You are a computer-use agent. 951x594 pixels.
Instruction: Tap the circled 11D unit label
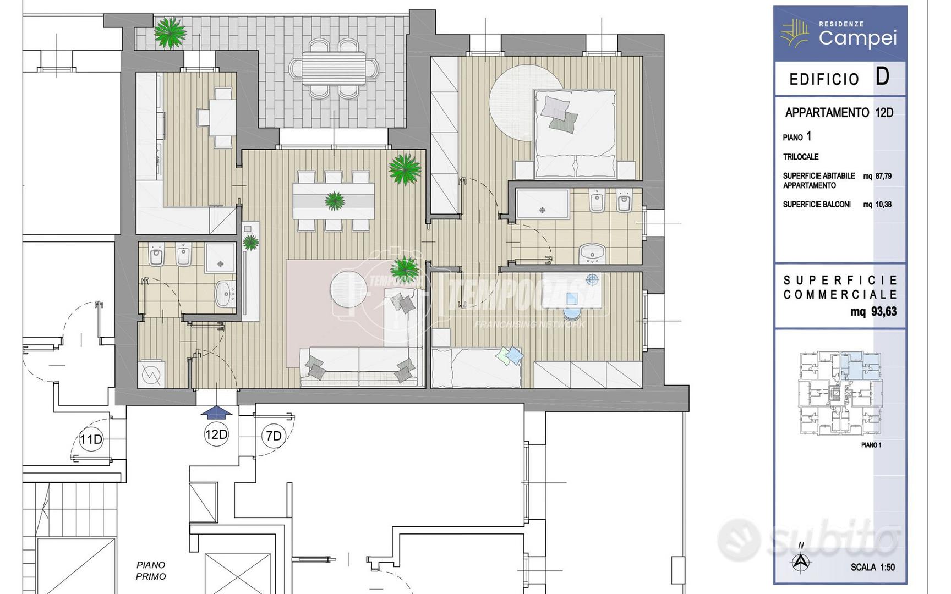pos(91,439)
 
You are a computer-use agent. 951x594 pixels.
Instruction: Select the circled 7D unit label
pos(274,436)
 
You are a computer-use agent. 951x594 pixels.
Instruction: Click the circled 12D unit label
pos(216,435)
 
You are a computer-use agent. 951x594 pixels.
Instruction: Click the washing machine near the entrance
pos(150,374)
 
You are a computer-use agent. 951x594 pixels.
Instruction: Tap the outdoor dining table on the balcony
pos(334,68)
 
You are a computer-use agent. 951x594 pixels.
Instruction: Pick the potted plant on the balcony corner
pos(170,34)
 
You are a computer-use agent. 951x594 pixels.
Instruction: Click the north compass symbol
pos(801,560)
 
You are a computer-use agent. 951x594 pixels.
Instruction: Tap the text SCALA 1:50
pos(873,567)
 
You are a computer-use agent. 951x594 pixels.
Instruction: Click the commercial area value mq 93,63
pos(873,312)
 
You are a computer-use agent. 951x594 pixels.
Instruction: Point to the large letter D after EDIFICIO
pos(882,76)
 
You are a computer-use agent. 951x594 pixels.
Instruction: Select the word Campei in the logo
pos(857,38)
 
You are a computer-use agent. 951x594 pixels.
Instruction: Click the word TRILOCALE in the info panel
pos(801,157)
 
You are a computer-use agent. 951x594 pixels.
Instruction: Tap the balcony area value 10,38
pos(883,205)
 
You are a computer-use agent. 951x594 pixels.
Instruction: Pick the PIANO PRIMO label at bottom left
pos(151,570)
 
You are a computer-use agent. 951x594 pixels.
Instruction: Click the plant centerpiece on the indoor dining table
pos(334,201)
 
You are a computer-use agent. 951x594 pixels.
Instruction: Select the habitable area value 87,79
pos(883,177)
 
